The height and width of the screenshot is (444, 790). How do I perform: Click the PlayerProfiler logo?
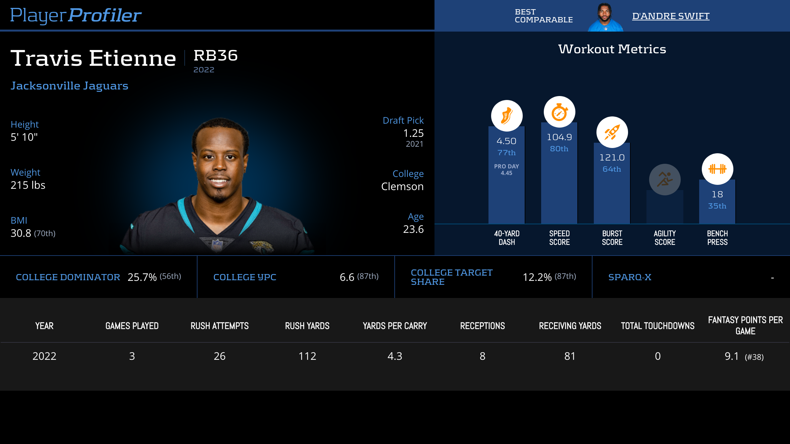point(76,15)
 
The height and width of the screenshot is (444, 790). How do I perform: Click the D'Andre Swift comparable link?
point(671,16)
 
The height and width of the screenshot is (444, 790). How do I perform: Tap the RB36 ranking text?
point(216,56)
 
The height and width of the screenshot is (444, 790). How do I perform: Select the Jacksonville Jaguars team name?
point(69,86)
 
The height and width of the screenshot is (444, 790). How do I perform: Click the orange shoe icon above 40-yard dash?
point(507,116)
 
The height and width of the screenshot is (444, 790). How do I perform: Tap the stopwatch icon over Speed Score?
point(559,112)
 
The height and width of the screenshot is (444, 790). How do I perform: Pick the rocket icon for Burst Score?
point(612,132)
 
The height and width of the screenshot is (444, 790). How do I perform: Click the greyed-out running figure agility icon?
point(665,180)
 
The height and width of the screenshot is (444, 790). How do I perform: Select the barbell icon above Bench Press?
point(717,169)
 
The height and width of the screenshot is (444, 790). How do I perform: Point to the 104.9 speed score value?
point(559,137)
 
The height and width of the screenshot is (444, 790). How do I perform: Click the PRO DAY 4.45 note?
point(507,170)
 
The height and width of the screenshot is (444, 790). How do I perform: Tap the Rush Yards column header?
point(307,326)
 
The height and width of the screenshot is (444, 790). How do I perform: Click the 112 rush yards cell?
point(307,356)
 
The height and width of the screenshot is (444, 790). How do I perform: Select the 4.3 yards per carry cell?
point(395,356)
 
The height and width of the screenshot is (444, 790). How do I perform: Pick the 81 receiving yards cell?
point(570,356)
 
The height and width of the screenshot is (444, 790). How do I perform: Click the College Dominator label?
point(68,277)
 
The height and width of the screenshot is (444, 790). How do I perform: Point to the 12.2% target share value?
point(537,277)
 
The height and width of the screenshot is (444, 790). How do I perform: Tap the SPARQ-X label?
point(630,277)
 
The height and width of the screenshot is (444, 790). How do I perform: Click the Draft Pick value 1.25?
point(413,133)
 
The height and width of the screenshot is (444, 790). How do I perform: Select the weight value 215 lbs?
point(28,185)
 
